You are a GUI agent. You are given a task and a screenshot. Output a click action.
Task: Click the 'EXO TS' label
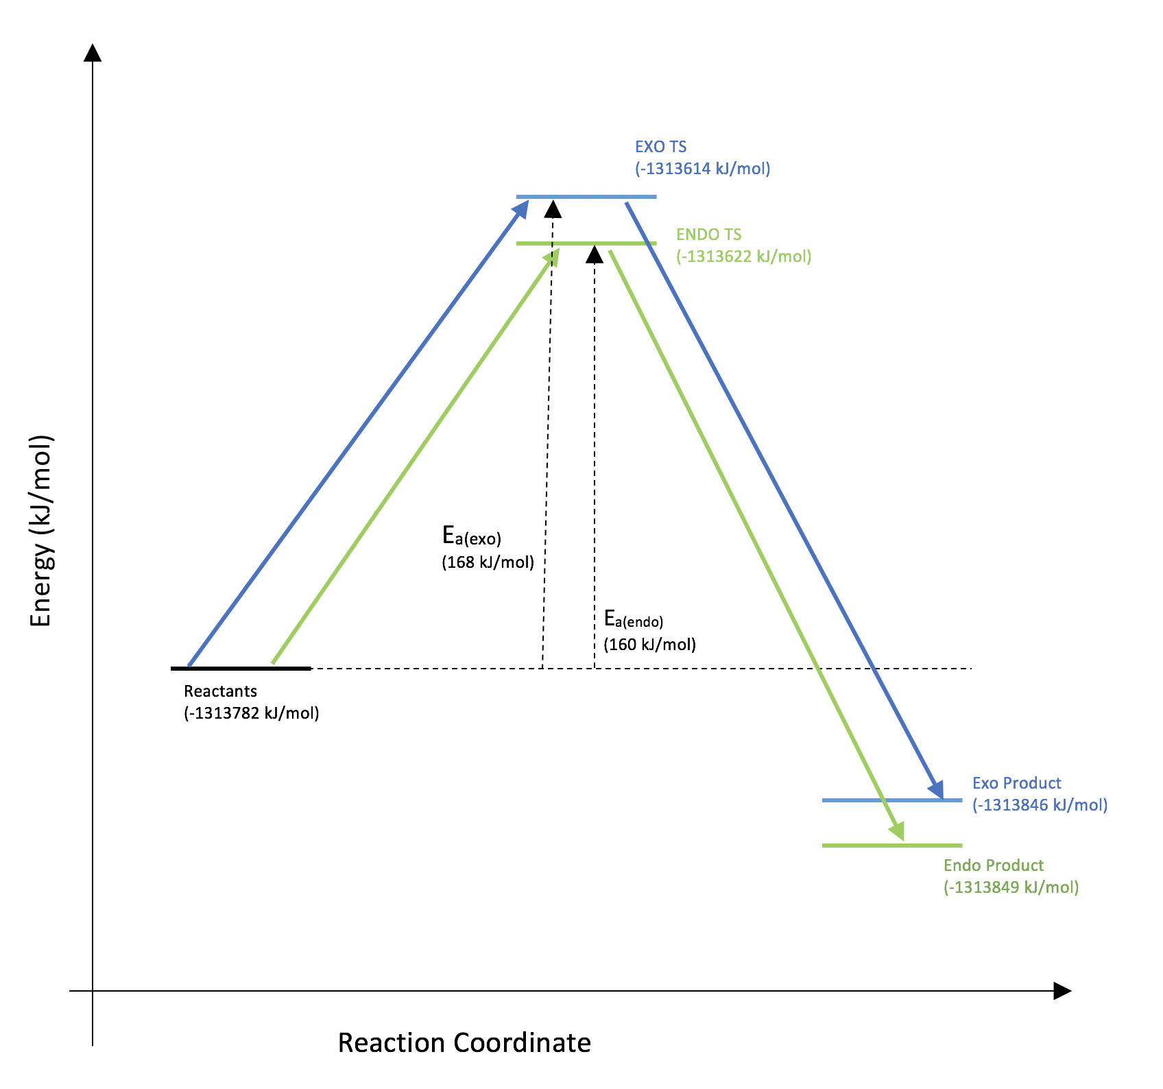pos(660,147)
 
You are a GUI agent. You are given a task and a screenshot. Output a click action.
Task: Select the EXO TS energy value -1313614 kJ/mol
pos(702,169)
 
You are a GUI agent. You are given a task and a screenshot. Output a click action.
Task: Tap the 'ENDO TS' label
pos(708,235)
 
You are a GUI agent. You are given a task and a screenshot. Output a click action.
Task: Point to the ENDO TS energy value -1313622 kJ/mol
pos(743,256)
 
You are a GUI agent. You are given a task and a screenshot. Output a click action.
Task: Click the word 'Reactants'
pos(220,691)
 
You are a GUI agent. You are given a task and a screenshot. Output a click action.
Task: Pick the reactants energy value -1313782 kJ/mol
pos(251,713)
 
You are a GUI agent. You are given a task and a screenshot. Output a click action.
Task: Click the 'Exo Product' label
pos(1016,783)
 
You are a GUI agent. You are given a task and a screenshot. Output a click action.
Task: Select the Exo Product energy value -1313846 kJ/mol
pos(1040,805)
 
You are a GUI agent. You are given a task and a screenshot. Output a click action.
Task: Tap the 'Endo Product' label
pos(993,865)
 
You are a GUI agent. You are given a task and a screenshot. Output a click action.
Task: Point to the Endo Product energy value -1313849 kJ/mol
pos(1011,887)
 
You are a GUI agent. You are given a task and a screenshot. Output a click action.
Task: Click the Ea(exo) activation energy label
pos(472,536)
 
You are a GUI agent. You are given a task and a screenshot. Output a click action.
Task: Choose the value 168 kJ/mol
pos(488,562)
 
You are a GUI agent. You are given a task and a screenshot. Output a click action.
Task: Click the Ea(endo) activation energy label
pos(634,619)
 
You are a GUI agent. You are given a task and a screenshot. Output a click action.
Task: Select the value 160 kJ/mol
pos(649,645)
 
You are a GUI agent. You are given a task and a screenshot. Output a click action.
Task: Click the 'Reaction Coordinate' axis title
pos(464,1042)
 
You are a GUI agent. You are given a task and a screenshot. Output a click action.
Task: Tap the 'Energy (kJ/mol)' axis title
pos(41,531)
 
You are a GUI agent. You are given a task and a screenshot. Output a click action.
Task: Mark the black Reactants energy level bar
pos(241,668)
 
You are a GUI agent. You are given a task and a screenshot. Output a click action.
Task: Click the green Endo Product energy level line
pos(891,846)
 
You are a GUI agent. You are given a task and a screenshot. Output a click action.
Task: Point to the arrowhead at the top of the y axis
pos(93,53)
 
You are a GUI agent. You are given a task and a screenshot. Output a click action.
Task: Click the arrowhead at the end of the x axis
pos(1062,991)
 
